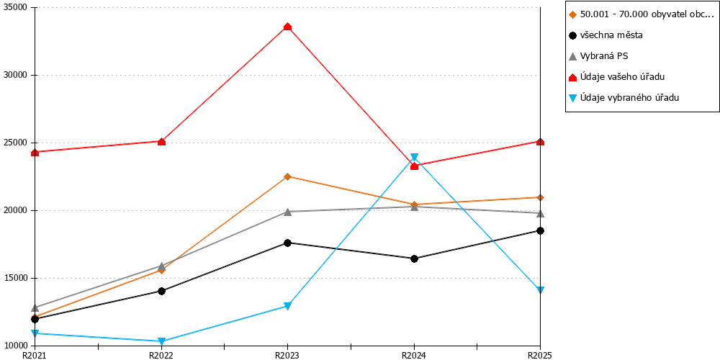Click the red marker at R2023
pos(287,27)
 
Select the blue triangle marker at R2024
pos(414,157)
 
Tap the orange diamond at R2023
pos(287,176)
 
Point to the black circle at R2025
pos(541,230)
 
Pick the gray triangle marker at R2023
pos(287,212)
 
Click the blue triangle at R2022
pos(161,341)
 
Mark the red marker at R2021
pos(35,152)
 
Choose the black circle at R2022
pos(161,291)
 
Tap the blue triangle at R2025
pos(541,289)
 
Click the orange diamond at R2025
pos(541,197)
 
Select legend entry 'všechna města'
pos(605,35)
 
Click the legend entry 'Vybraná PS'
pos(598,56)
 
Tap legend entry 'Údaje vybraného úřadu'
pos(624,97)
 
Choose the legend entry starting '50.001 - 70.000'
pos(642,14)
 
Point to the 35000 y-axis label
pos(17,8)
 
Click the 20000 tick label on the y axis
pos(17,211)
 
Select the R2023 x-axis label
pos(287,355)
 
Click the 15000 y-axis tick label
pos(17,278)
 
